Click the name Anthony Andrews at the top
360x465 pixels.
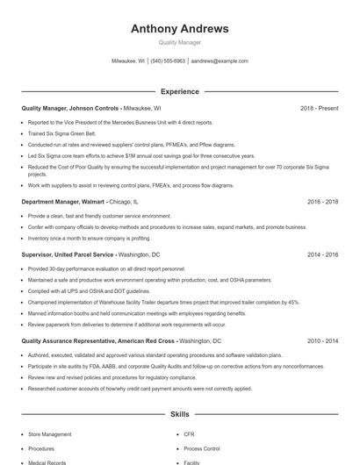click(x=179, y=29)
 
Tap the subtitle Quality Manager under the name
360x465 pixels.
click(x=179, y=43)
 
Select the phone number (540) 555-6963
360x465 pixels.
click(x=168, y=61)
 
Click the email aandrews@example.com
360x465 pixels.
click(x=220, y=61)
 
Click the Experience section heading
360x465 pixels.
click(x=179, y=91)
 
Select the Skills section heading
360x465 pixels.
click(x=179, y=413)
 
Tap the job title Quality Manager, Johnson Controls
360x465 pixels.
click(x=70, y=108)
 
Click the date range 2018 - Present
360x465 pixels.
click(x=319, y=108)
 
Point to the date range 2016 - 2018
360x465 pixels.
click(x=322, y=201)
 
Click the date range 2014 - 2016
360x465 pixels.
click(x=322, y=254)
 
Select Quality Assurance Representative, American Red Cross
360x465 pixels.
click(x=98, y=340)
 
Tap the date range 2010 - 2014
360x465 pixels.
click(x=322, y=340)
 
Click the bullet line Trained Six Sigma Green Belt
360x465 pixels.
click(x=63, y=132)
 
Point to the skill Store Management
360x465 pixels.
click(x=50, y=434)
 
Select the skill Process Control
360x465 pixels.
click(x=201, y=448)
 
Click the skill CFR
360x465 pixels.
click(x=189, y=434)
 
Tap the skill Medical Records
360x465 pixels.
click(x=47, y=461)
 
